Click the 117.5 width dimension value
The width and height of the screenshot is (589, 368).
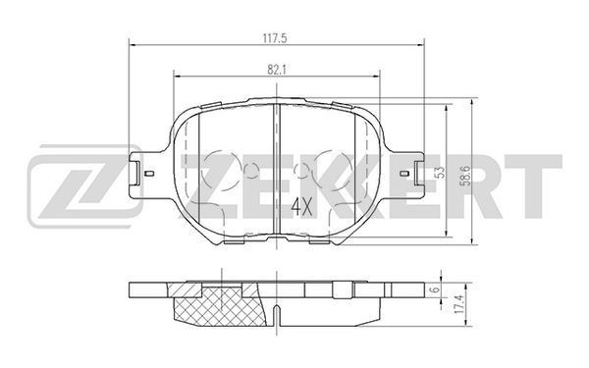[276, 38]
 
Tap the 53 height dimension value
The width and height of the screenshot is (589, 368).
[441, 172]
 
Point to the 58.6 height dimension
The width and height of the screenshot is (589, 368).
[466, 176]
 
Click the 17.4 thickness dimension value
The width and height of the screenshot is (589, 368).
[457, 304]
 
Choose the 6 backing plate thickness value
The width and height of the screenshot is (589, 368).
[435, 289]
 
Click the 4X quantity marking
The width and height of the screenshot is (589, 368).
[302, 207]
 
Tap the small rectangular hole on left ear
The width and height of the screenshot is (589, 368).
[149, 173]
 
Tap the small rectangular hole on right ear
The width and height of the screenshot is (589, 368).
[404, 173]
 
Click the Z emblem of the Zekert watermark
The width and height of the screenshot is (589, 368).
[85, 186]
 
